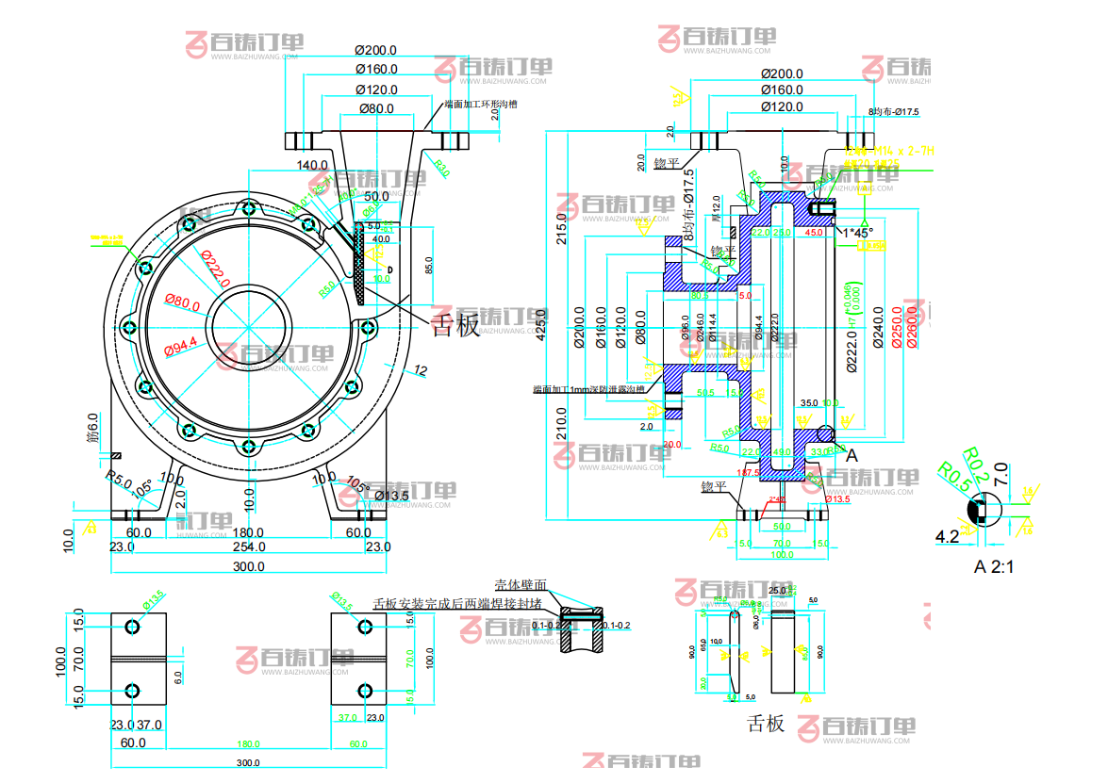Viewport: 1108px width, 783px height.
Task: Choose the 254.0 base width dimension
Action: tap(249, 546)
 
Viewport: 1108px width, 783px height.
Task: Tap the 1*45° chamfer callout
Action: tap(858, 232)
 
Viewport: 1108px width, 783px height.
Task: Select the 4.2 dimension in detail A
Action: tap(947, 536)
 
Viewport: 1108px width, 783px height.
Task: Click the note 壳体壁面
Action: tap(521, 585)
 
